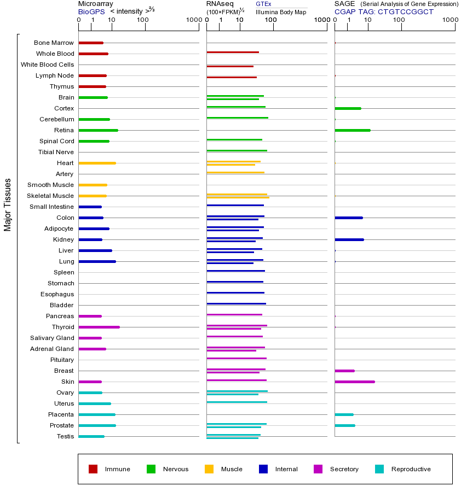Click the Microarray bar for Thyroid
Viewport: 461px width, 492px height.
click(x=99, y=327)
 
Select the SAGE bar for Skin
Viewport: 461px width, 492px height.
click(x=355, y=382)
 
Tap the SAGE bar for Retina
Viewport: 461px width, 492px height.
click(x=353, y=130)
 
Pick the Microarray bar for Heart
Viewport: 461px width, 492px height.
click(x=97, y=163)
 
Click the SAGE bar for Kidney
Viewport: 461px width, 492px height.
click(x=349, y=239)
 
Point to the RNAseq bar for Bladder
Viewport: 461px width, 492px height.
click(x=236, y=303)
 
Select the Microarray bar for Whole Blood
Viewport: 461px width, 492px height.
click(x=94, y=54)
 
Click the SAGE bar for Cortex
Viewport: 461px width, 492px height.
click(x=348, y=108)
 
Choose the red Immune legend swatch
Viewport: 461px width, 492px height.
click(x=93, y=469)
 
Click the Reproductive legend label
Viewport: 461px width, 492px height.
click(x=411, y=469)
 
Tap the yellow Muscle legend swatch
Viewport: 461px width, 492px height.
click(x=209, y=469)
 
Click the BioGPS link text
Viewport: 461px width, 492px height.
click(x=91, y=11)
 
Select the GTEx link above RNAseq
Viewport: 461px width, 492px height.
click(x=263, y=4)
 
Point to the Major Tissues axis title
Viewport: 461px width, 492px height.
click(x=8, y=204)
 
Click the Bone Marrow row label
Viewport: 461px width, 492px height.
click(x=54, y=43)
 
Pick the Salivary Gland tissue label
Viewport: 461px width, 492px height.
click(x=52, y=338)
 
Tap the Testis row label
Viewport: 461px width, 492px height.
click(x=65, y=436)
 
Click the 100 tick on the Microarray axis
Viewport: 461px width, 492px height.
click(x=143, y=20)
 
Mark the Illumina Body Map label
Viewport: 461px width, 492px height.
click(x=281, y=12)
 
